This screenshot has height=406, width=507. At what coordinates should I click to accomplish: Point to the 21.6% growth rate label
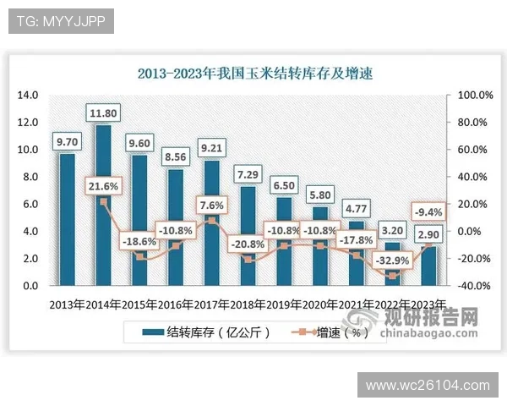[103, 185]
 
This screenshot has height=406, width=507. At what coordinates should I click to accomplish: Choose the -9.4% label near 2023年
[428, 211]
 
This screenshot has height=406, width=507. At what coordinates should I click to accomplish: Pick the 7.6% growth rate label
[210, 205]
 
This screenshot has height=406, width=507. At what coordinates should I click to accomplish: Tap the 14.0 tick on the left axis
[28, 95]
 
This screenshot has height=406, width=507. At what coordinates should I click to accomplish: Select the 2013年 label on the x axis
[67, 304]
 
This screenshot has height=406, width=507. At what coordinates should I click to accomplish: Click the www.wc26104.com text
[427, 386]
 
